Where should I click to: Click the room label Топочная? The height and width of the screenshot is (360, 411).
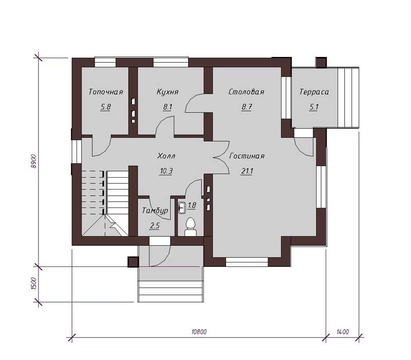pyautogui.click(x=106, y=92)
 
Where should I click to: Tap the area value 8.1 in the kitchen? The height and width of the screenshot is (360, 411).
pyautogui.click(x=167, y=107)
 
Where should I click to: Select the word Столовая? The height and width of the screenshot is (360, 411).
pyautogui.click(x=247, y=92)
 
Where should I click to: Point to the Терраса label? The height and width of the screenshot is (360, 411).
pyautogui.click(x=314, y=92)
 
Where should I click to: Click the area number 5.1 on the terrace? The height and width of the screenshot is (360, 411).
pyautogui.click(x=314, y=107)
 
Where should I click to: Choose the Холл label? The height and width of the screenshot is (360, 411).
pyautogui.click(x=166, y=156)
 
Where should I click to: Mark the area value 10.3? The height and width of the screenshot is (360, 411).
pyautogui.click(x=166, y=171)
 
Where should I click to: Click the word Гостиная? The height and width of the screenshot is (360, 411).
pyautogui.click(x=247, y=156)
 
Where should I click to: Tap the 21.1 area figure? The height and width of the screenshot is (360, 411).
pyautogui.click(x=247, y=171)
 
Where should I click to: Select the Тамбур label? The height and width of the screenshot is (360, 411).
pyautogui.click(x=155, y=211)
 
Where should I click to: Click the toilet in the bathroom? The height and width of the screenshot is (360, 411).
pyautogui.click(x=190, y=227)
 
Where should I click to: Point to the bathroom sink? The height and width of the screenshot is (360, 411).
pyautogui.click(x=182, y=207)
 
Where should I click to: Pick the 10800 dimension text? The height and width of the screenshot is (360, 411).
pyautogui.click(x=199, y=332)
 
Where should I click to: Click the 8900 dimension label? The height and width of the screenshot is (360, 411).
pyautogui.click(x=33, y=161)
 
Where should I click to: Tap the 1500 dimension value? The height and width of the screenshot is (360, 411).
pyautogui.click(x=34, y=283)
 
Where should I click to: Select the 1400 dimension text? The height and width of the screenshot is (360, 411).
pyautogui.click(x=343, y=332)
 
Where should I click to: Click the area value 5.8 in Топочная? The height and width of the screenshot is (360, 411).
pyautogui.click(x=105, y=107)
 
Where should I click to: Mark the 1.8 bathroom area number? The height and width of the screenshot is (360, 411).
pyautogui.click(x=192, y=205)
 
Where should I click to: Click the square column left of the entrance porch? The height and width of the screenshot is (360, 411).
pyautogui.click(x=133, y=262)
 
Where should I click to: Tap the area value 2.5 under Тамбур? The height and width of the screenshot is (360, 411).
pyautogui.click(x=155, y=225)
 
